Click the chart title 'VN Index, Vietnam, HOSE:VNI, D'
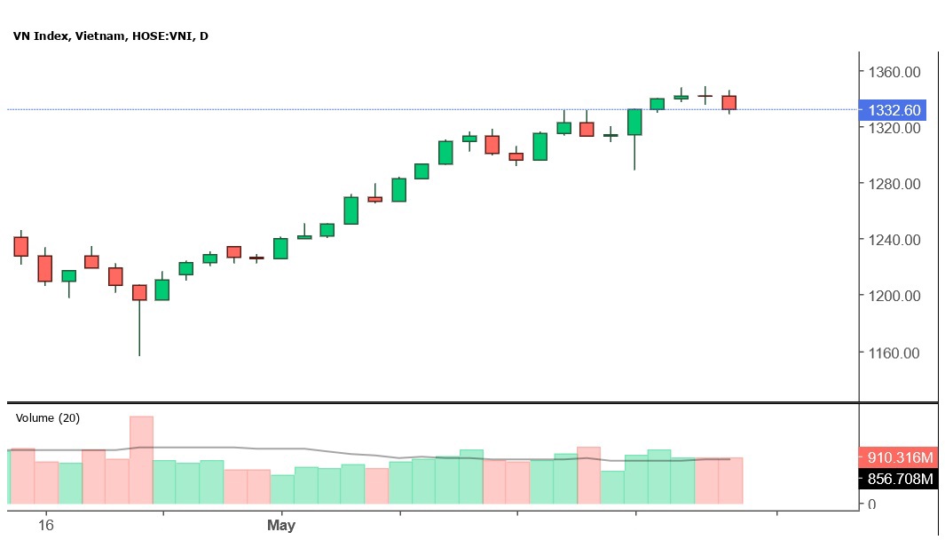point(111,36)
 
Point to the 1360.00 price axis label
point(894,72)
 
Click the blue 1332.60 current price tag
point(894,110)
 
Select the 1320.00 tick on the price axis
point(894,128)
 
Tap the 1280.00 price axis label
point(894,184)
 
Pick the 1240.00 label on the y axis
point(894,240)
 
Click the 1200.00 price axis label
point(894,296)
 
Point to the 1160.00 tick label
point(894,353)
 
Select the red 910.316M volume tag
point(898,458)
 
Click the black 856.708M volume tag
point(898,480)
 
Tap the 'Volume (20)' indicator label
point(48,418)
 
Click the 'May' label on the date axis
point(281,526)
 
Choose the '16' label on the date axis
point(46,526)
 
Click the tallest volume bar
point(141,460)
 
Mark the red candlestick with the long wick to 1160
point(139,293)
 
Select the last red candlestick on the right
point(729,102)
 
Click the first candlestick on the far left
point(21,246)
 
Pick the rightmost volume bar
point(730,480)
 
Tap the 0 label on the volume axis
point(872,504)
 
